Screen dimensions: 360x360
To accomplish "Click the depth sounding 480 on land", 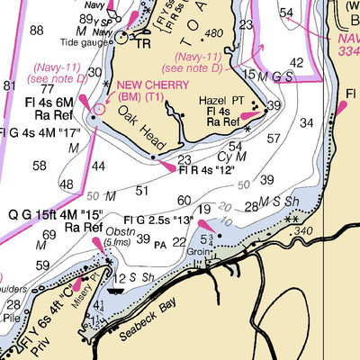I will pos(213,34).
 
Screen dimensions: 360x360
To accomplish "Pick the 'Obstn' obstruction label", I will pos(120,229).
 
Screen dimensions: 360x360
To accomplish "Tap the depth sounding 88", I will pos(36,31).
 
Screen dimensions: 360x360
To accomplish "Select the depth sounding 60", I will pos(184,201).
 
